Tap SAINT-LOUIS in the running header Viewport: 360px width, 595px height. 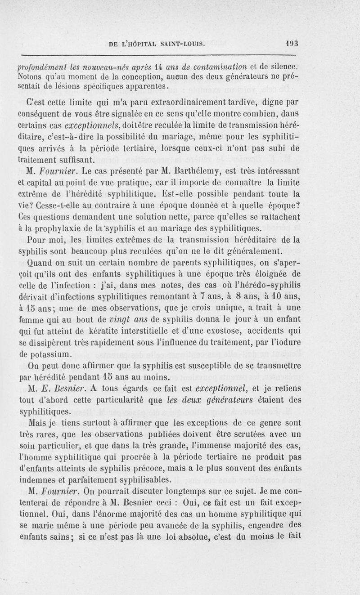tap(180, 44)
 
